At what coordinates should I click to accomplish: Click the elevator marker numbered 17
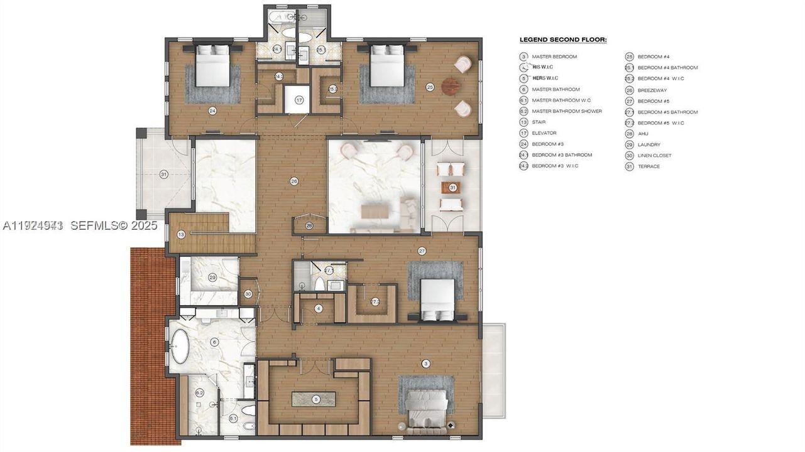(299, 100)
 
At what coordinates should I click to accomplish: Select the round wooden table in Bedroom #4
(451, 86)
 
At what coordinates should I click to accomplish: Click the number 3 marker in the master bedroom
(426, 363)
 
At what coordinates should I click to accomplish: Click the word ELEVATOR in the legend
(544, 133)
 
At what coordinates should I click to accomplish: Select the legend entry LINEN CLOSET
(654, 155)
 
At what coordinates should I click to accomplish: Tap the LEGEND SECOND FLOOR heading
(563, 40)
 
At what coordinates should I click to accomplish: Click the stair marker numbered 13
(181, 234)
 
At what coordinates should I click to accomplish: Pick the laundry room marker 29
(212, 277)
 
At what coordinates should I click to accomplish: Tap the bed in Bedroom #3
(212, 66)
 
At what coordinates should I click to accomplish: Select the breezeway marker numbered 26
(293, 181)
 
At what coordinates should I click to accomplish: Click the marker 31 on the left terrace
(163, 174)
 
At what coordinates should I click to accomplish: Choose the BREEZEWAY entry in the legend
(652, 90)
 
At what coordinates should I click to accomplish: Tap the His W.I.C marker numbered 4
(319, 308)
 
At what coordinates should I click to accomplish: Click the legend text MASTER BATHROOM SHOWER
(566, 111)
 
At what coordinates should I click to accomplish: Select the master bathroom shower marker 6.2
(200, 393)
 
